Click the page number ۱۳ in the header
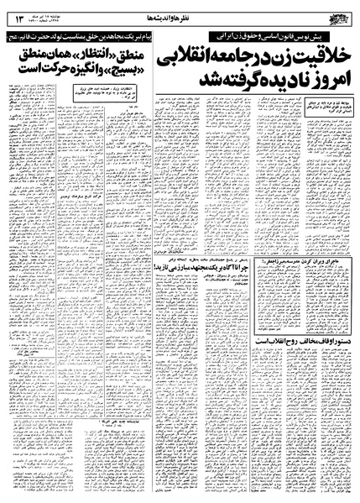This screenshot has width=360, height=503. (x=18, y=9)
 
